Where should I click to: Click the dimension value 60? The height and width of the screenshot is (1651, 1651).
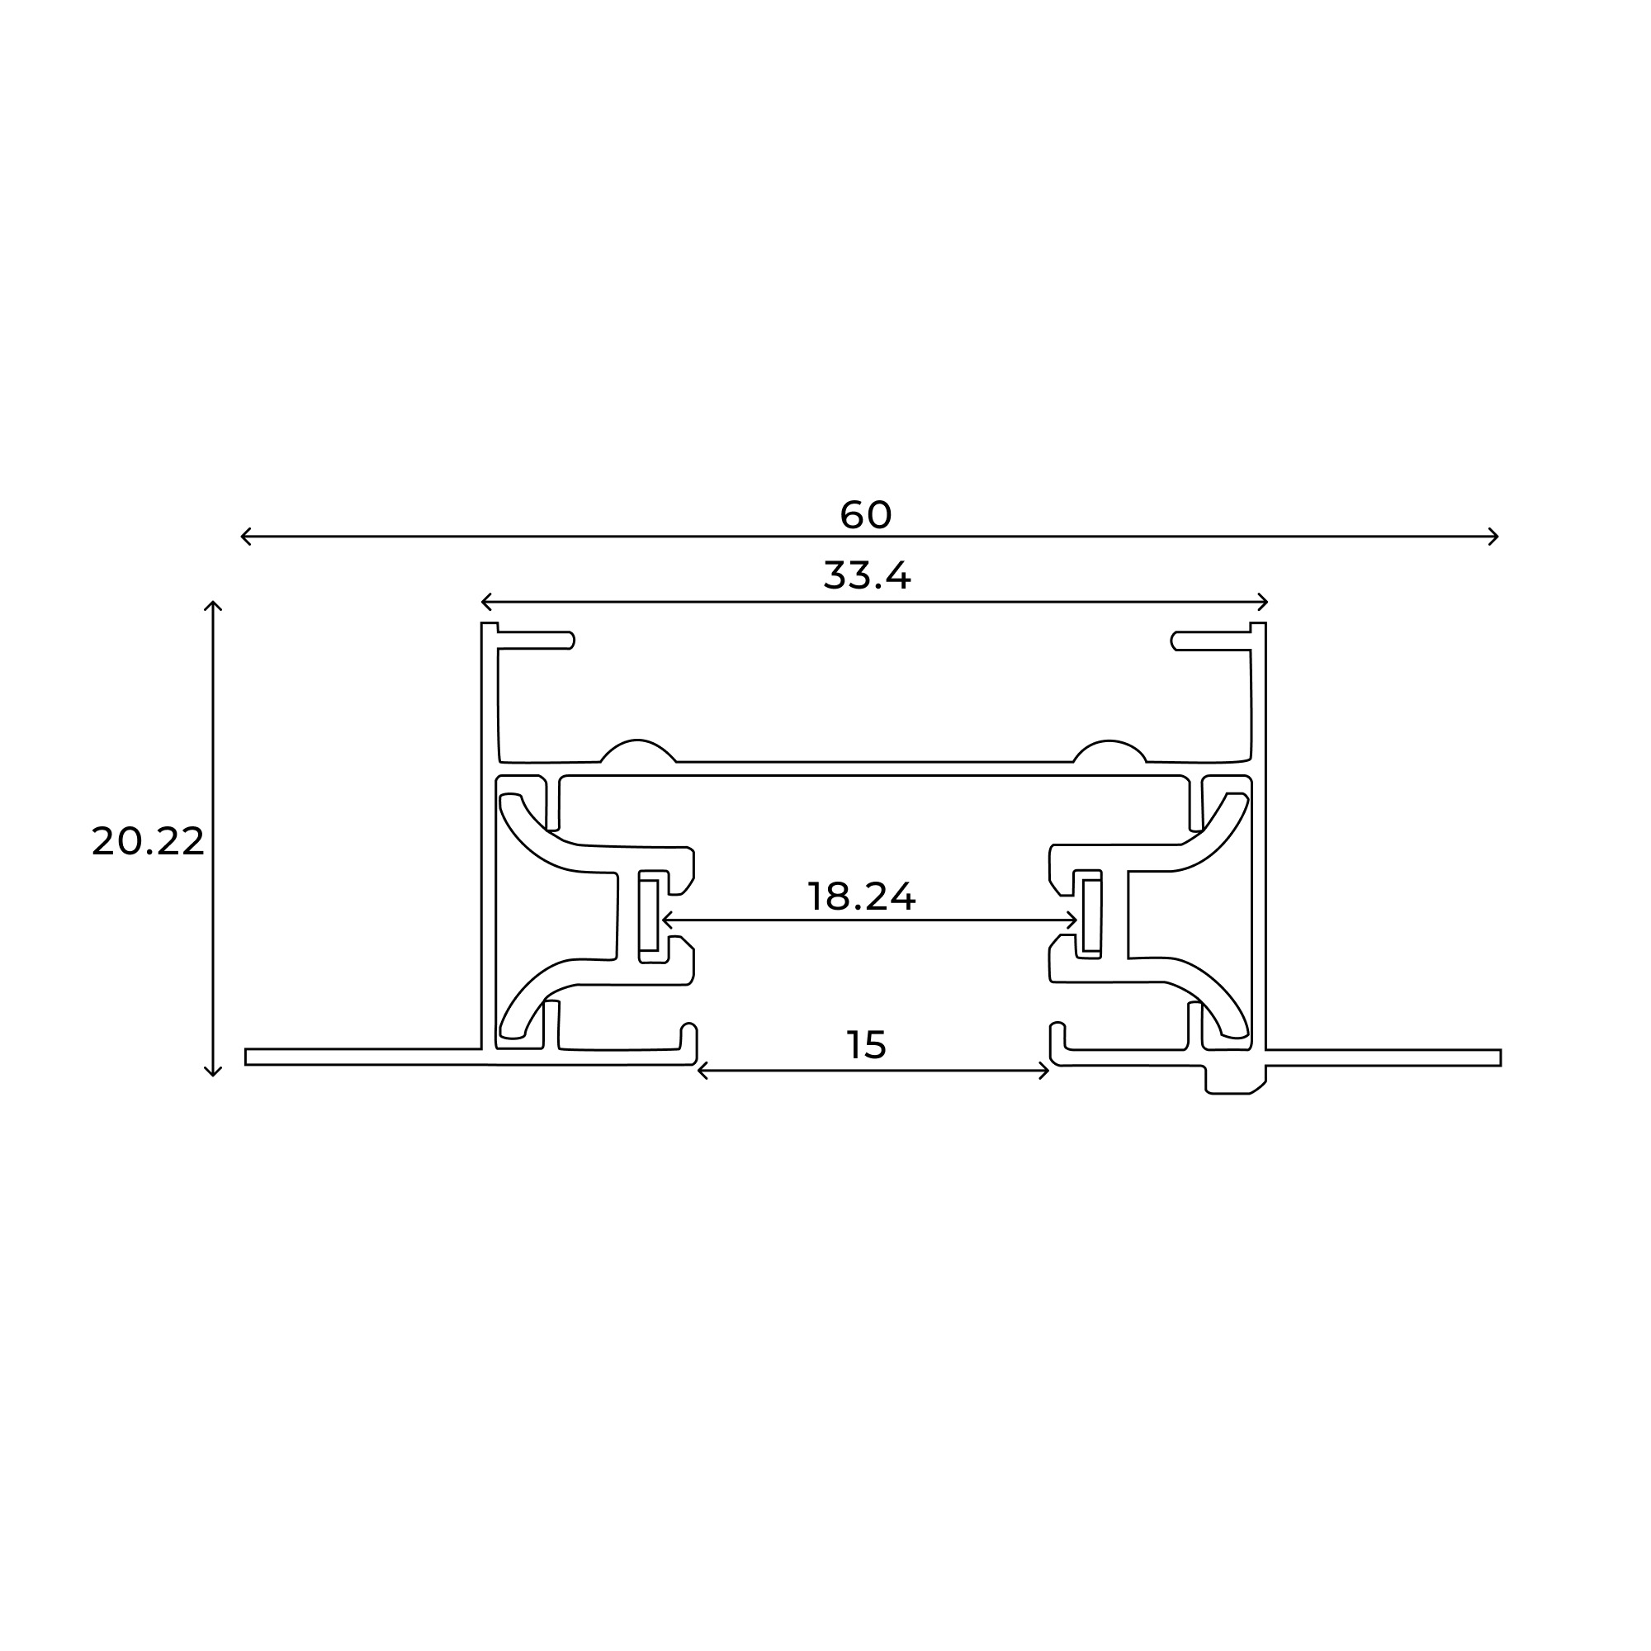coord(866,514)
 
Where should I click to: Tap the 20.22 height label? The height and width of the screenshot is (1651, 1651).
coord(148,842)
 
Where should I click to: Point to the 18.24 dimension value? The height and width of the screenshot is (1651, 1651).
coord(860,896)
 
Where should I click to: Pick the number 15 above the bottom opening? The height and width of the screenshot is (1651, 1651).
coord(866,1045)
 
